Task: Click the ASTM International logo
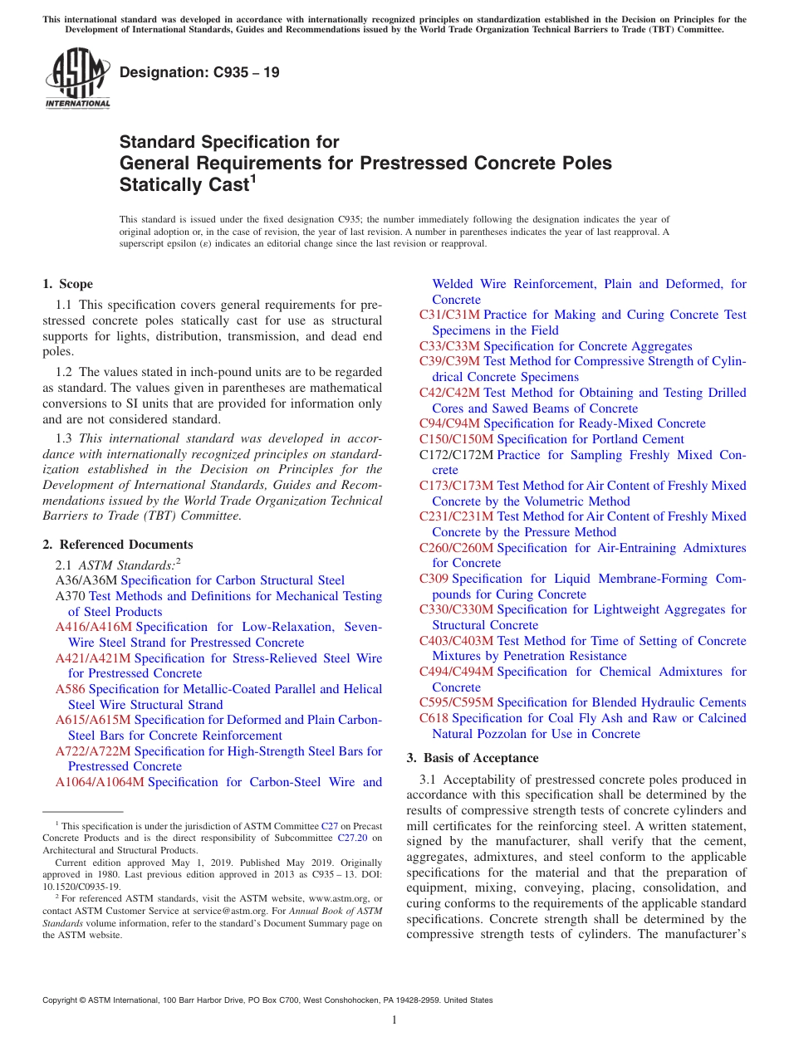[76, 77]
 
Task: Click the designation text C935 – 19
[199, 73]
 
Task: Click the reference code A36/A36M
[86, 580]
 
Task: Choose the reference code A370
[71, 596]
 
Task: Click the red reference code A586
[71, 689]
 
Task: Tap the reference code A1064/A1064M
[100, 782]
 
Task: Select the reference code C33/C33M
[449, 346]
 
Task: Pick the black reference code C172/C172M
[456, 455]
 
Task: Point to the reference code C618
[434, 718]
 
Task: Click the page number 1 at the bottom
[394, 1019]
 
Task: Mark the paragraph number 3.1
[429, 780]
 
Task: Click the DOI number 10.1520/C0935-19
[81, 886]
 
